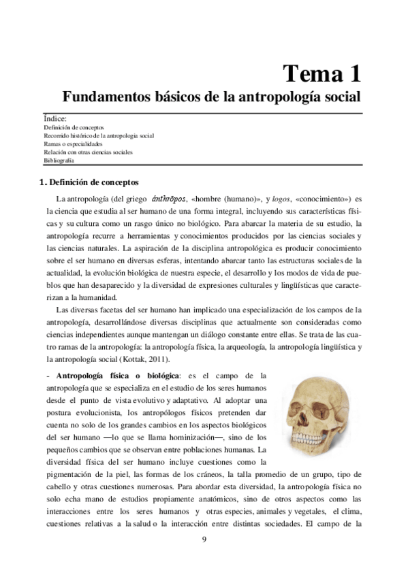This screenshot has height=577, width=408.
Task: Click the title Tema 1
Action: (321, 71)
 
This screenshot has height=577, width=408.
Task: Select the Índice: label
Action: (55, 119)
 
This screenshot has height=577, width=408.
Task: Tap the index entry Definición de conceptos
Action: (74, 127)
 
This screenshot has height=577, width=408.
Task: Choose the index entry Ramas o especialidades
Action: (73, 144)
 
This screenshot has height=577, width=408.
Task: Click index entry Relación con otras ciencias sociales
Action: (89, 152)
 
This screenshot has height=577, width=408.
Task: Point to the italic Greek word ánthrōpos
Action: (168, 198)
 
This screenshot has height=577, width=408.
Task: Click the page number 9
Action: (204, 540)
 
